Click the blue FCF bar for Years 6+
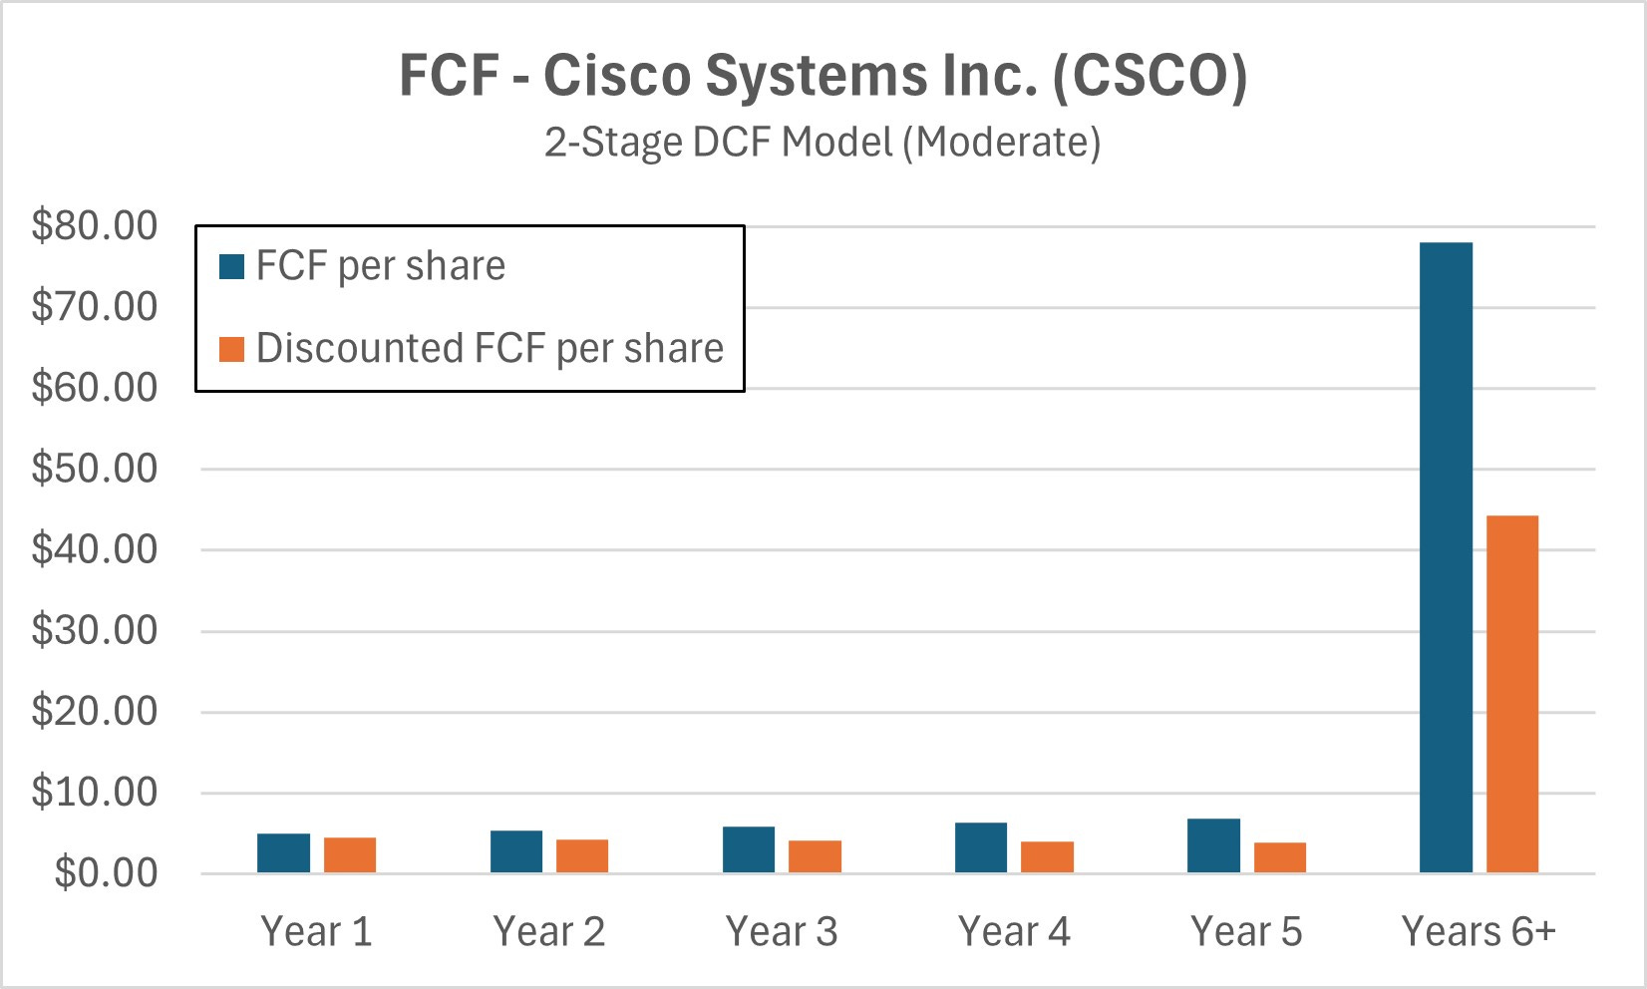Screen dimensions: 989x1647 1446,558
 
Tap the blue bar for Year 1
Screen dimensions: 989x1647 283,853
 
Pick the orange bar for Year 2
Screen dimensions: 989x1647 582,856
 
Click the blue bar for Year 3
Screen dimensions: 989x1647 749,850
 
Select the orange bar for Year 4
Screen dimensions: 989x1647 1047,857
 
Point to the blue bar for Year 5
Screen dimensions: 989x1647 1213,846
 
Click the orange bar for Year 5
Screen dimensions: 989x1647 1279,857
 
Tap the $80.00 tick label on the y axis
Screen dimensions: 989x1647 95,225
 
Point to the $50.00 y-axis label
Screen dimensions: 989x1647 95,469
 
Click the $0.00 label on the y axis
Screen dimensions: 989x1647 106,873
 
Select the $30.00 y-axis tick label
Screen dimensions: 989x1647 95,630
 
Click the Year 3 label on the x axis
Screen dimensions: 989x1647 782,932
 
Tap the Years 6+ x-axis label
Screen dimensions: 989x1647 1479,932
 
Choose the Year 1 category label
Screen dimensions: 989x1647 316,932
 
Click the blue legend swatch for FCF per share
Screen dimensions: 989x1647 231,267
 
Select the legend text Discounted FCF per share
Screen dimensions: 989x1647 490,349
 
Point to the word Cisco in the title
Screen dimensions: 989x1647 615,76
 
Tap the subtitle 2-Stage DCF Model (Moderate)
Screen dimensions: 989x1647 823,143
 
